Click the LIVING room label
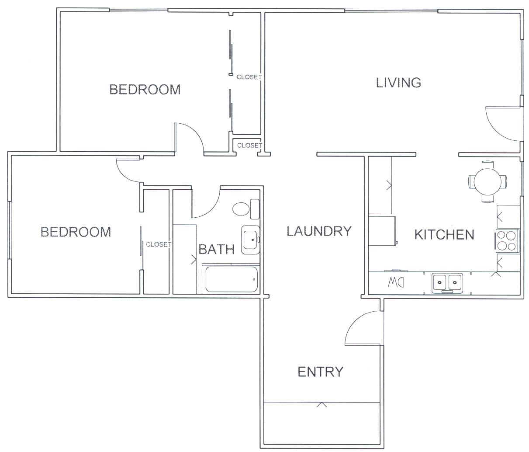click(398, 83)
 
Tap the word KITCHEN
click(444, 235)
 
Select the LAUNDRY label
click(319, 231)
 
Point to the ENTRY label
click(320, 372)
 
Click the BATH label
click(217, 249)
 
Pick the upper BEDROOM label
click(145, 89)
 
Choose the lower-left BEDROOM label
click(76, 232)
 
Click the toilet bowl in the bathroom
click(241, 209)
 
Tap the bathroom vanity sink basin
click(251, 240)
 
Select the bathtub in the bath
click(232, 279)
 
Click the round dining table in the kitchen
click(488, 181)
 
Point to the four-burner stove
click(507, 241)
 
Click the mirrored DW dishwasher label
click(396, 282)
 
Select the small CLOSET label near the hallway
click(249, 146)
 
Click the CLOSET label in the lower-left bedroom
click(158, 244)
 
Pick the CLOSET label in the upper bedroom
click(249, 77)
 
